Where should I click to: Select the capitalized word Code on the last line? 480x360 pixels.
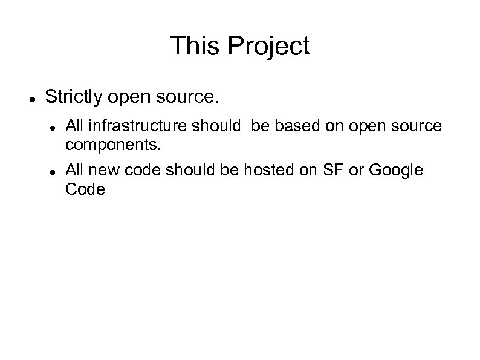tap(85, 190)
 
